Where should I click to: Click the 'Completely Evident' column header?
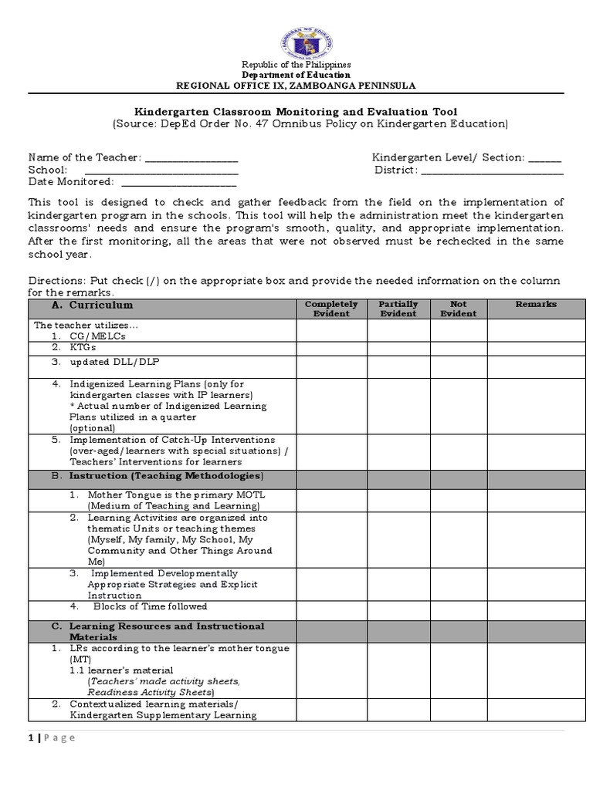tap(331, 309)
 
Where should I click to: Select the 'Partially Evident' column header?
tap(398, 309)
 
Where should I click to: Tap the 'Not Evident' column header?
tap(458, 309)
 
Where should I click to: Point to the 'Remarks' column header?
tap(536, 305)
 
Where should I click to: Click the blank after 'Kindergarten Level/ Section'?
tap(545, 158)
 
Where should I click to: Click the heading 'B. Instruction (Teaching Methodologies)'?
tap(158, 476)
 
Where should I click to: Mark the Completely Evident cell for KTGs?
tap(331, 348)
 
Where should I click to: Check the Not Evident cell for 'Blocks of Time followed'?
tap(458, 606)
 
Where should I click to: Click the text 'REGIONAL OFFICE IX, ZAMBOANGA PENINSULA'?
tap(296, 85)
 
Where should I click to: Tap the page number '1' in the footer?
tap(31, 738)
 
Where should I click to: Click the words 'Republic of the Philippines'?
tap(296, 65)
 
